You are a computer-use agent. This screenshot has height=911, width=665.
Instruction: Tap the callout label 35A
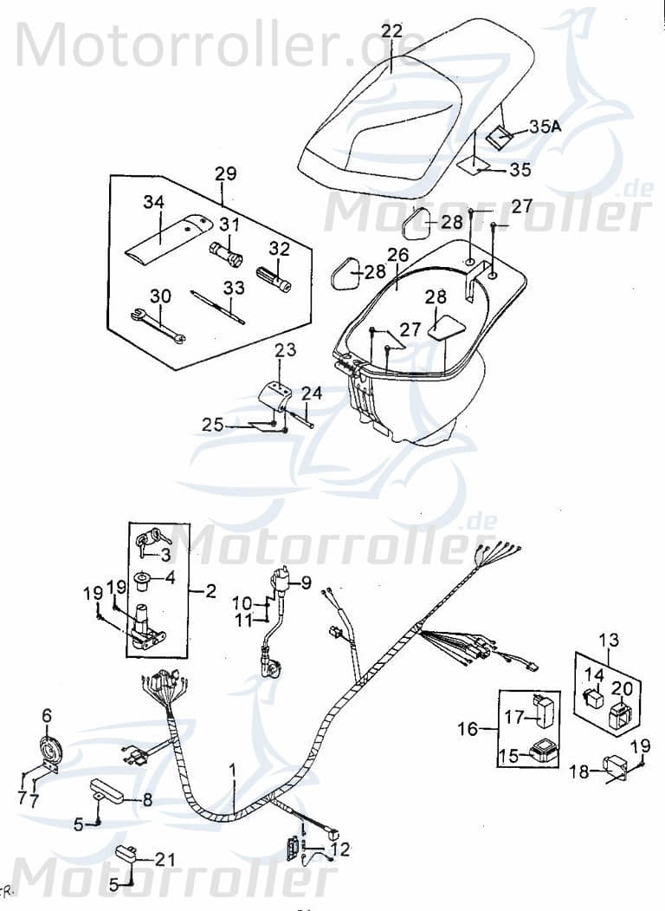(546, 127)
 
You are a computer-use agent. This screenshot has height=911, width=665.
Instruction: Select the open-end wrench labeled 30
(158, 324)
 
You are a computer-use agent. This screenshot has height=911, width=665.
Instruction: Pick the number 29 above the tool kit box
(225, 173)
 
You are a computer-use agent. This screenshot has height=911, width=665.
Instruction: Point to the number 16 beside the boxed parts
(468, 730)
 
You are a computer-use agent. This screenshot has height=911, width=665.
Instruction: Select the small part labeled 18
(615, 767)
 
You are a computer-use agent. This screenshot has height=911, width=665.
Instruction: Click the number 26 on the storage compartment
(397, 256)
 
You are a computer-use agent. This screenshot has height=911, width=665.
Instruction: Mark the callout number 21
(165, 859)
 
